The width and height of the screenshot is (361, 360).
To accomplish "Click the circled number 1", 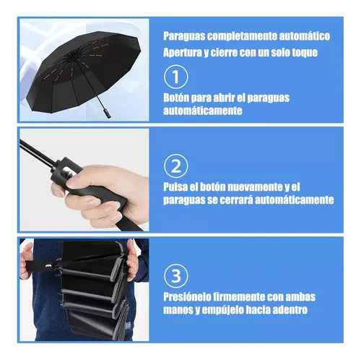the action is [175, 77].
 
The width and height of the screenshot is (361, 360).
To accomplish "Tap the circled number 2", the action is [175, 166].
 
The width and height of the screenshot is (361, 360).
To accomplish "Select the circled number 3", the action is [175, 276].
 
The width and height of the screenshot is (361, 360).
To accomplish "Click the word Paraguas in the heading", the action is [184, 36].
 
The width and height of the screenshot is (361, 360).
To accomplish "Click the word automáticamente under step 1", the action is [203, 111].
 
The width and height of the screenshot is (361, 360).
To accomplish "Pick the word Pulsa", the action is [175, 187].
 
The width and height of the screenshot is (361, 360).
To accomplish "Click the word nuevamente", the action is [255, 187].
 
